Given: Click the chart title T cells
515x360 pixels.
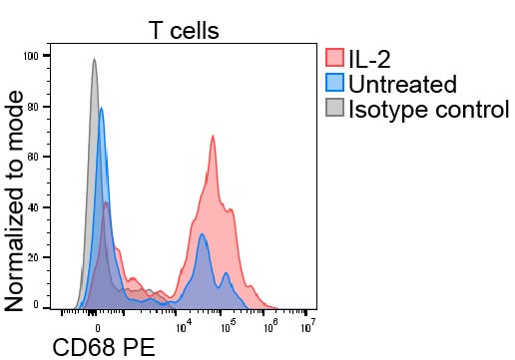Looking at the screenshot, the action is point(184,30).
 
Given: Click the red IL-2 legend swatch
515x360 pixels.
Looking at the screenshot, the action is point(334,58).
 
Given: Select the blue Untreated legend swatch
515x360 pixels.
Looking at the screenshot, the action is point(334,83).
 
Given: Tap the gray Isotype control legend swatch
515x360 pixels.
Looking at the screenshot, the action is point(334,108).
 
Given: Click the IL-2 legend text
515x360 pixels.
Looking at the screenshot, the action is point(369,59).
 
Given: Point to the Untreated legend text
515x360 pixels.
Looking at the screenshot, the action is point(402,84).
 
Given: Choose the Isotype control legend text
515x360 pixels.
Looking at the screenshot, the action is point(429,109).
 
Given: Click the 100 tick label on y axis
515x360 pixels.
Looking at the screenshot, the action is point(31,56).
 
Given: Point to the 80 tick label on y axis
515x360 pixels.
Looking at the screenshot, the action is point(33,107).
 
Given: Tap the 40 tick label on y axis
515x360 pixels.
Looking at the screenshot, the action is point(33,207).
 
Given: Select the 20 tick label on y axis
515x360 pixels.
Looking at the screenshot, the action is point(33,257).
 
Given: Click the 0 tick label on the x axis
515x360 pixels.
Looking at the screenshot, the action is point(98,328).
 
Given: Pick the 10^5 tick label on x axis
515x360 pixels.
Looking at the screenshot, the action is point(228,326).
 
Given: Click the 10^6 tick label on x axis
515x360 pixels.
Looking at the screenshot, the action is point(271,326).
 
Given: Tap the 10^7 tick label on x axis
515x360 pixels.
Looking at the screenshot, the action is point(308,326).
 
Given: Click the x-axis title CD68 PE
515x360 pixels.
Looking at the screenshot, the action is point(104,348).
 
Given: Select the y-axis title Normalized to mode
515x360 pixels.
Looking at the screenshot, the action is point(14,200).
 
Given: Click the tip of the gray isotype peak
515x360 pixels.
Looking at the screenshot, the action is point(94,59).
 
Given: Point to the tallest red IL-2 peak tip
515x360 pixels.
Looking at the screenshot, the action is point(213,136).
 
